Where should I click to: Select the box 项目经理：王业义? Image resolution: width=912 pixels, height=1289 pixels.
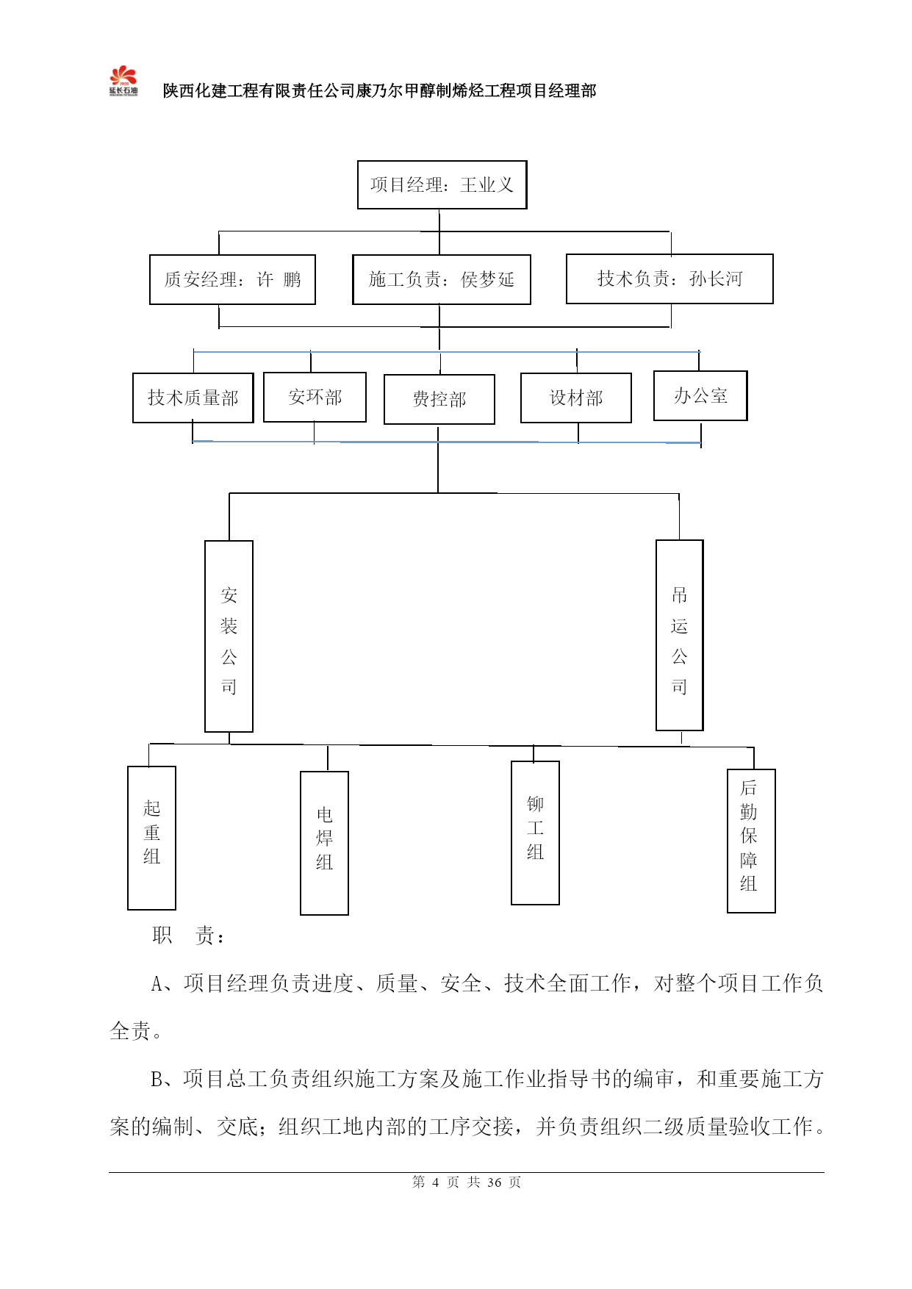coord(442,184)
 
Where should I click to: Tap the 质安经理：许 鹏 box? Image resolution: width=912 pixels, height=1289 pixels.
coord(232,279)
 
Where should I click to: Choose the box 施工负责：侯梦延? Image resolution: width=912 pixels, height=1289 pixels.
coord(441,279)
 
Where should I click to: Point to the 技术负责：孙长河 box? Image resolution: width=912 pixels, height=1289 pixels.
coord(669,279)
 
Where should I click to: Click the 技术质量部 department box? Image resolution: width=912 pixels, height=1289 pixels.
coord(193,398)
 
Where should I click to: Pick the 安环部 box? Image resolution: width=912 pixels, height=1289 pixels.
coord(315,397)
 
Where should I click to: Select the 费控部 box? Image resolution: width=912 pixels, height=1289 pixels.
coord(439,399)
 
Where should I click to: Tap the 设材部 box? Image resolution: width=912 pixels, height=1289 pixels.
coord(575,398)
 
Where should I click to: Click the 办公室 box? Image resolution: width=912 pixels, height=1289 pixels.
coord(700,395)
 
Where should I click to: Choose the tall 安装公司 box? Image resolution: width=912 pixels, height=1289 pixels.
coord(229,636)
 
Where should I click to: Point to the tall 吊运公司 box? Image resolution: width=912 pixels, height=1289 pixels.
coord(679,635)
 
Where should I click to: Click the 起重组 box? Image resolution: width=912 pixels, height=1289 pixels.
coord(151,838)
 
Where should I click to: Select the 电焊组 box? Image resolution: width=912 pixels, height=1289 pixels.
coord(324,843)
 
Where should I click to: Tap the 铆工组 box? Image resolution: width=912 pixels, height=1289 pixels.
coord(535,833)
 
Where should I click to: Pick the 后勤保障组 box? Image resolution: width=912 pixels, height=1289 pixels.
coord(751,841)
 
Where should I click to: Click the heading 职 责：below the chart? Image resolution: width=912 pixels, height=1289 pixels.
coord(189,936)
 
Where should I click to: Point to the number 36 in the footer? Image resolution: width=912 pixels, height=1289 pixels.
coord(494,1182)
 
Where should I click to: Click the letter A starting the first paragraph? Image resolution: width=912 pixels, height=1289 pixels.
coord(157,984)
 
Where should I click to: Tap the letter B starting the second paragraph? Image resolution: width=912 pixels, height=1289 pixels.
coord(157,1080)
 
